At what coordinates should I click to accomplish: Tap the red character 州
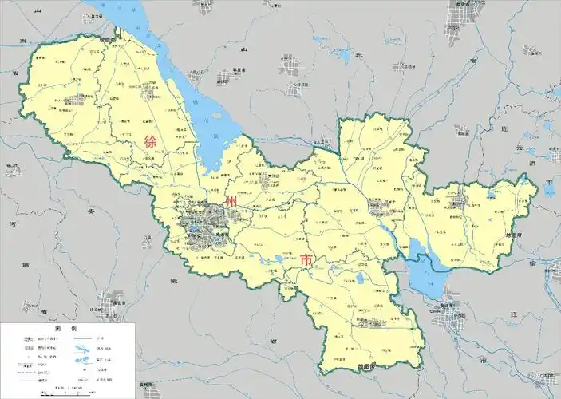coord(231,203)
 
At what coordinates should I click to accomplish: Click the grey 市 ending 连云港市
coord(548,185)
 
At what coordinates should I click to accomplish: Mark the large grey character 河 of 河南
coord(13,226)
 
